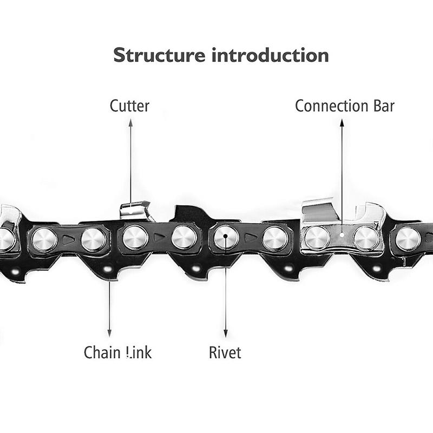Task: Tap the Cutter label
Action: click(x=129, y=106)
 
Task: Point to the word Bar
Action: click(x=382, y=106)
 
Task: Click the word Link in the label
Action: click(x=139, y=353)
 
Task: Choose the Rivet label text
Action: click(x=225, y=353)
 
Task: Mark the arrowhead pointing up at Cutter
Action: click(x=130, y=123)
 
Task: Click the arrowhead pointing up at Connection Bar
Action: click(x=342, y=123)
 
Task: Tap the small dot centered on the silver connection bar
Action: click(x=342, y=235)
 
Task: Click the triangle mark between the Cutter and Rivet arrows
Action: click(x=159, y=237)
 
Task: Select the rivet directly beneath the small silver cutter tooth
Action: click(x=135, y=237)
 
